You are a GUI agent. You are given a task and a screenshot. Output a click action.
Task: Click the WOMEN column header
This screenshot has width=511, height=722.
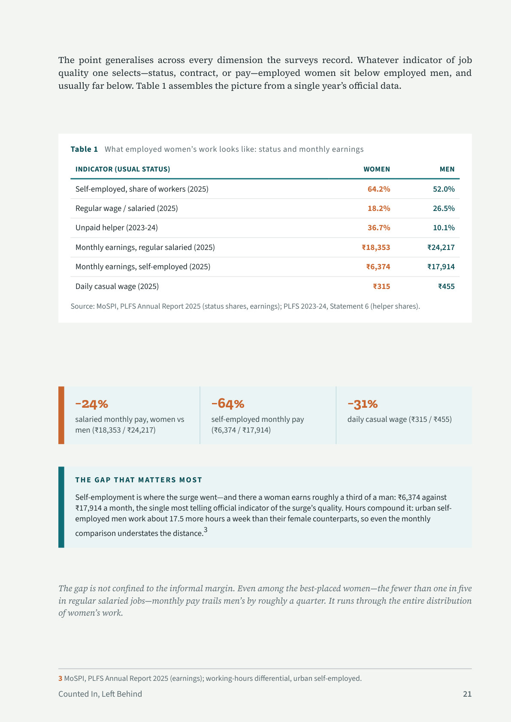point(376,169)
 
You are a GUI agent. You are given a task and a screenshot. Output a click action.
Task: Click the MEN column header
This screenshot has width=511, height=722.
point(447,169)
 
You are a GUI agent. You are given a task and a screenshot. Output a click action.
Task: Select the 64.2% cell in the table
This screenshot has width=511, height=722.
point(379,189)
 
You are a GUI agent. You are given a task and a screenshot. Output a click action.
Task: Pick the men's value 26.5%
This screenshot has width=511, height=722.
point(444,208)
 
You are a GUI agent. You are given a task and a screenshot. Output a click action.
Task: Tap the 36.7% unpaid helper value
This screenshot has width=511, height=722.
point(379,228)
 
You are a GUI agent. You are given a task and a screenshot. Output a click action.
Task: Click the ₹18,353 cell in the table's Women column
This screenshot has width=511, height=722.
point(376,247)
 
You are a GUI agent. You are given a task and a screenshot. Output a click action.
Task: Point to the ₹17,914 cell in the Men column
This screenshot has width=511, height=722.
point(441,267)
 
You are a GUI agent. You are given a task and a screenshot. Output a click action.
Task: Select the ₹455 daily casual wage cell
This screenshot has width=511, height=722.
point(446,286)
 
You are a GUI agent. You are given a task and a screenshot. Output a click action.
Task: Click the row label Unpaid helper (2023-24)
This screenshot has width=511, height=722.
point(116,228)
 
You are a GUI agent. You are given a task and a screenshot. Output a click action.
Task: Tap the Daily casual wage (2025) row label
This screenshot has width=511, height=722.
point(117,286)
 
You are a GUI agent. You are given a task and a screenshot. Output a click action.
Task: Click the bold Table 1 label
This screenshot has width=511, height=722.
point(84,149)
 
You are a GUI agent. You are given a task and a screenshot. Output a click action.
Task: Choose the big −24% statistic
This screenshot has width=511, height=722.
point(92,404)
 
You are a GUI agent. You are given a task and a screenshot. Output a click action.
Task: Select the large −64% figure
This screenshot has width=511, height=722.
point(228,403)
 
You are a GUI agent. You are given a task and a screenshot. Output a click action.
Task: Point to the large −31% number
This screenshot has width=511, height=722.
point(363,404)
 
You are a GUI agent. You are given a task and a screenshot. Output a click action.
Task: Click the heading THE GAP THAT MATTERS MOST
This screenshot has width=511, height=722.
point(139,480)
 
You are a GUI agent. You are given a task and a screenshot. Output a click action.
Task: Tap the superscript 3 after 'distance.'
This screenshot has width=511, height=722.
point(206,530)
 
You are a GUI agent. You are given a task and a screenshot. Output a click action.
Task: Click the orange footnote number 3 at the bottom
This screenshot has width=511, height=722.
point(60,678)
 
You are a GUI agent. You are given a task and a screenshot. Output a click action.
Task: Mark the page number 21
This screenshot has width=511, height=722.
point(467,694)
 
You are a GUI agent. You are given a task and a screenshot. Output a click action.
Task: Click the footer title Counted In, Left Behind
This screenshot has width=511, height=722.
point(100,694)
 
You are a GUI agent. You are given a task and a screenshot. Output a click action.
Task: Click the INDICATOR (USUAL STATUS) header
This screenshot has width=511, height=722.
point(123,169)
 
